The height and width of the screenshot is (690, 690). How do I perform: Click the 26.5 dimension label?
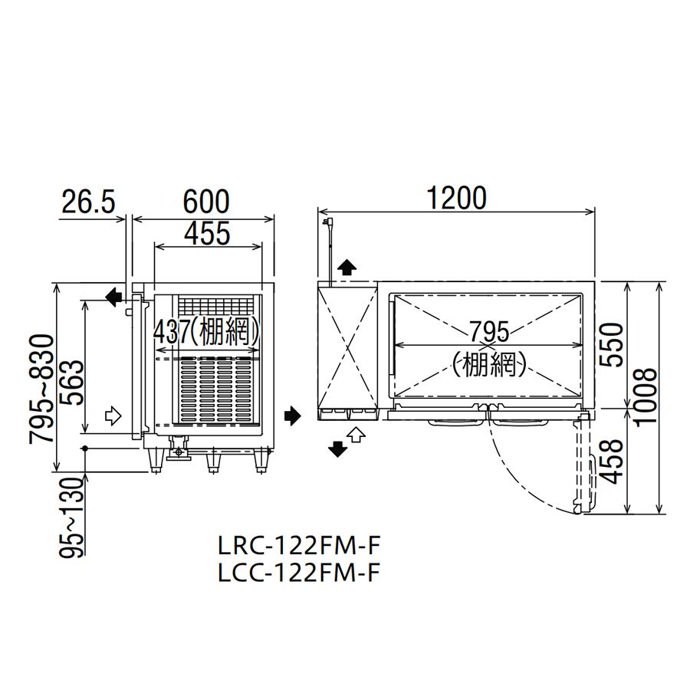[88, 202]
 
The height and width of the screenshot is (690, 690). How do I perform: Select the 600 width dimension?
[206, 202]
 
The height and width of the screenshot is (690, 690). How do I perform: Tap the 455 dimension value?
[207, 233]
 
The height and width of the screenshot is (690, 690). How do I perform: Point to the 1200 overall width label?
[457, 198]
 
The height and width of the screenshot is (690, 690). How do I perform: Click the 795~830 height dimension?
[41, 388]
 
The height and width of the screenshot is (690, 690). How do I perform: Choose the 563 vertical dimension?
[71, 383]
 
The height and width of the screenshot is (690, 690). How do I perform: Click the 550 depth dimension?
[612, 344]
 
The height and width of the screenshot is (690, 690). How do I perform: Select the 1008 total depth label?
[646, 396]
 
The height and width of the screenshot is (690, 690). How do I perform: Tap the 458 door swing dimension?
[612, 461]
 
